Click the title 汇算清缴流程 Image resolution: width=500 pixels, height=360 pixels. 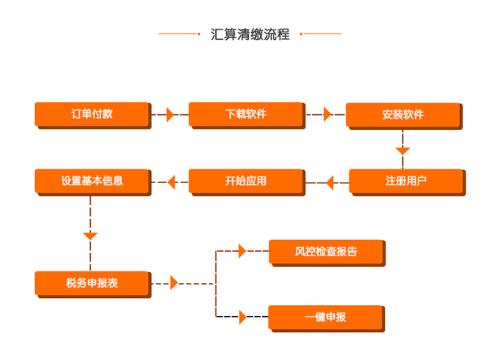click(250, 34)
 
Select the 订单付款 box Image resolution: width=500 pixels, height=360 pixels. click(92, 114)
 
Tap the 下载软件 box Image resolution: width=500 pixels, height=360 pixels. click(245, 114)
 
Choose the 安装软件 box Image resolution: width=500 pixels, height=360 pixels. click(403, 114)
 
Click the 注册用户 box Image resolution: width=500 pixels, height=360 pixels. click(405, 181)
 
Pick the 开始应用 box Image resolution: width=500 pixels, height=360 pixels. click(245, 181)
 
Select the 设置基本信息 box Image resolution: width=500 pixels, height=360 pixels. click(92, 181)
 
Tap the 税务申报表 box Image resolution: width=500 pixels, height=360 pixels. click(92, 283)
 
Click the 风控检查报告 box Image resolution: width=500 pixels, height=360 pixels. click(327, 251)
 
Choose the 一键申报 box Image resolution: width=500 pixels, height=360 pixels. click(327, 317)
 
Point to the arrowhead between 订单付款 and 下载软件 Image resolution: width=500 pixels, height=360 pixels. click(170, 114)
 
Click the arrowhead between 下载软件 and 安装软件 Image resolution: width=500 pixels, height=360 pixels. click(326, 114)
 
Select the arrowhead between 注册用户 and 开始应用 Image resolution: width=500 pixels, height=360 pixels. click(326, 182)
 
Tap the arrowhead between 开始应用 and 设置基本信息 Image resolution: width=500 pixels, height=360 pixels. click(170, 182)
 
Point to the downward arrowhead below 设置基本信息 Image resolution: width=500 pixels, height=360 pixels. click(91, 235)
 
